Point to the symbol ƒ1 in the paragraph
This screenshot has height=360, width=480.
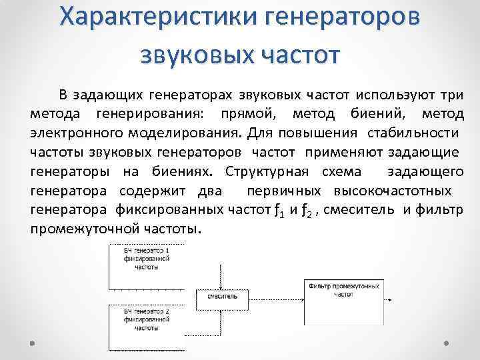click(x=268, y=211)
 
